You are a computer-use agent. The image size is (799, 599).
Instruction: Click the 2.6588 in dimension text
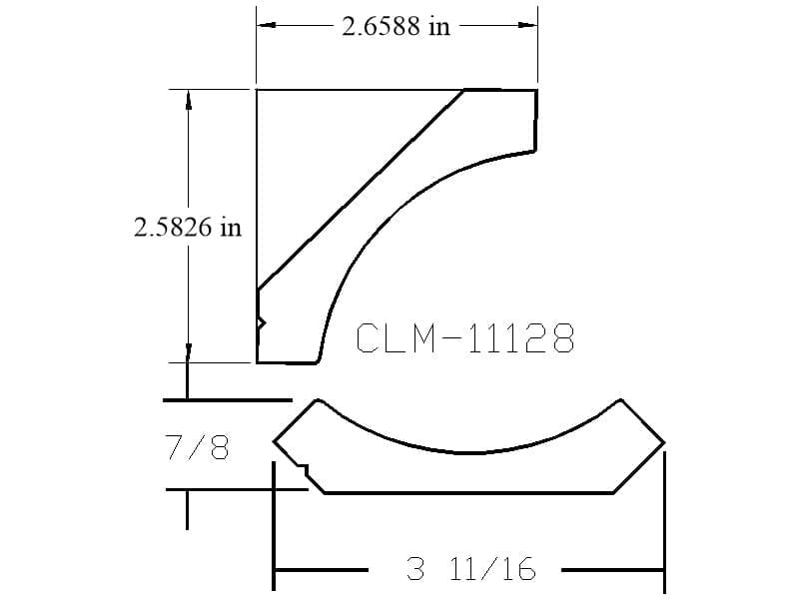(396, 26)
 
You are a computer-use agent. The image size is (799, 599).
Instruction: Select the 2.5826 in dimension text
(188, 227)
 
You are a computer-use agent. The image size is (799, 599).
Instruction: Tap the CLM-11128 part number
(465, 338)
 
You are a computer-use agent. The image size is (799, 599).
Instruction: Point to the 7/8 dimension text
(198, 446)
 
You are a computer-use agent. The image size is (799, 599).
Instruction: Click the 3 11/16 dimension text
(471, 568)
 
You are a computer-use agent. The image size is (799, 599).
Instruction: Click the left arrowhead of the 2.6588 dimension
(266, 24)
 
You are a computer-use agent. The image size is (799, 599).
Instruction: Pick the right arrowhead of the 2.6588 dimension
(528, 24)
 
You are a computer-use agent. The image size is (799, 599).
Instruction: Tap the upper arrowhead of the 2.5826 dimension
(188, 99)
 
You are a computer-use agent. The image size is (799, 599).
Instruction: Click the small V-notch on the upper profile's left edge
(262, 322)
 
